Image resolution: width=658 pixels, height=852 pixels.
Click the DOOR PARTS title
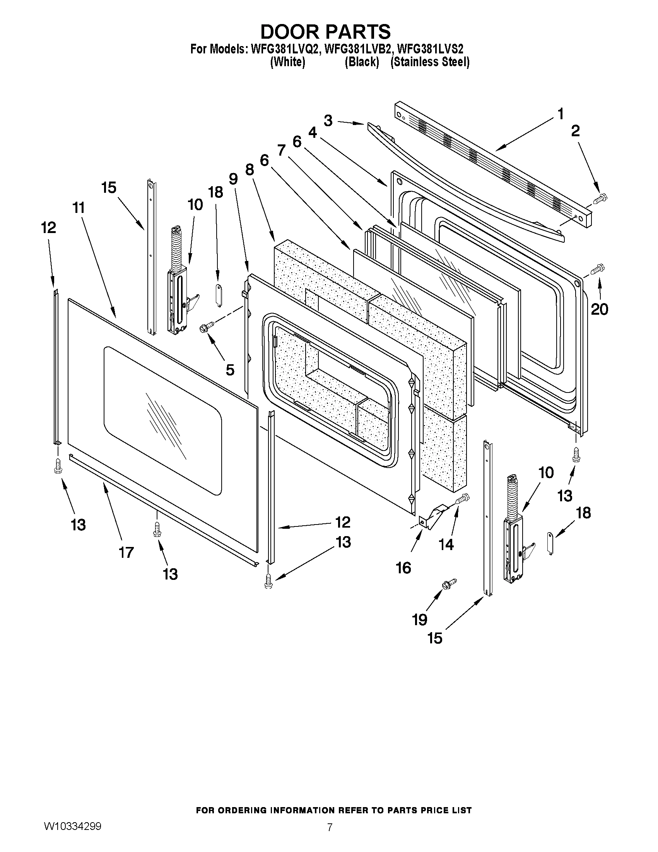[x=325, y=31]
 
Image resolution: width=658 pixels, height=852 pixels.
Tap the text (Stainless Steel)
[x=429, y=62]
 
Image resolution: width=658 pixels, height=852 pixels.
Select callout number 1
[x=560, y=114]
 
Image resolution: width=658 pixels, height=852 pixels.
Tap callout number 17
[x=126, y=552]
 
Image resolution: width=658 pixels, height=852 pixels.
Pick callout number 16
[x=403, y=567]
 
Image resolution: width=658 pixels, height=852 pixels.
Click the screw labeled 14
[x=464, y=498]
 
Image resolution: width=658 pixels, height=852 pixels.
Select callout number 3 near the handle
[x=328, y=121]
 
